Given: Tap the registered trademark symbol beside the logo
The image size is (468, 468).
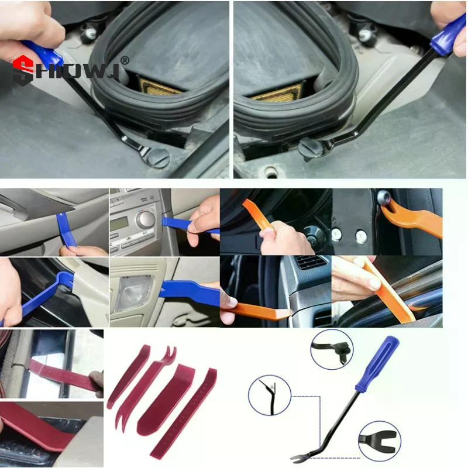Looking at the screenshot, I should (124, 60).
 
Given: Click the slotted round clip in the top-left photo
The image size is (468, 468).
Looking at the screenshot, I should (159, 156).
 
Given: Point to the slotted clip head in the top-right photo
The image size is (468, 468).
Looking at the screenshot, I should (309, 147).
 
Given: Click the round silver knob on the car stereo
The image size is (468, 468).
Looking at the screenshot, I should (145, 219).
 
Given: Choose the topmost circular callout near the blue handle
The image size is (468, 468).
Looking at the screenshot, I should (331, 348).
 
